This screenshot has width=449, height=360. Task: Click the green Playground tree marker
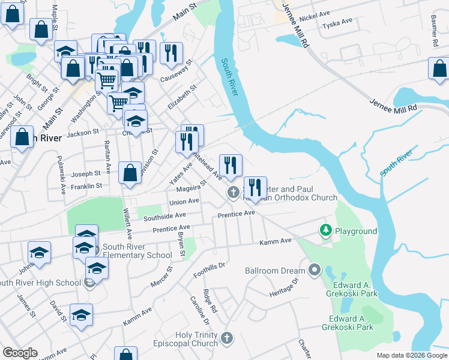tap(325, 230)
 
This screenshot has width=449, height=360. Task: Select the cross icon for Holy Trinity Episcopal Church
tap(226, 338)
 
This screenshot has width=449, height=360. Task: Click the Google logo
tap(20, 353)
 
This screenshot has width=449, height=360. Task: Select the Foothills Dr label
tap(208, 270)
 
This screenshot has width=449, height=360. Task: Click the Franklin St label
tap(86, 187)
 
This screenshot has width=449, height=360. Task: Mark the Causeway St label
tap(175, 71)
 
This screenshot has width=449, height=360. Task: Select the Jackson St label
tap(83, 132)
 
